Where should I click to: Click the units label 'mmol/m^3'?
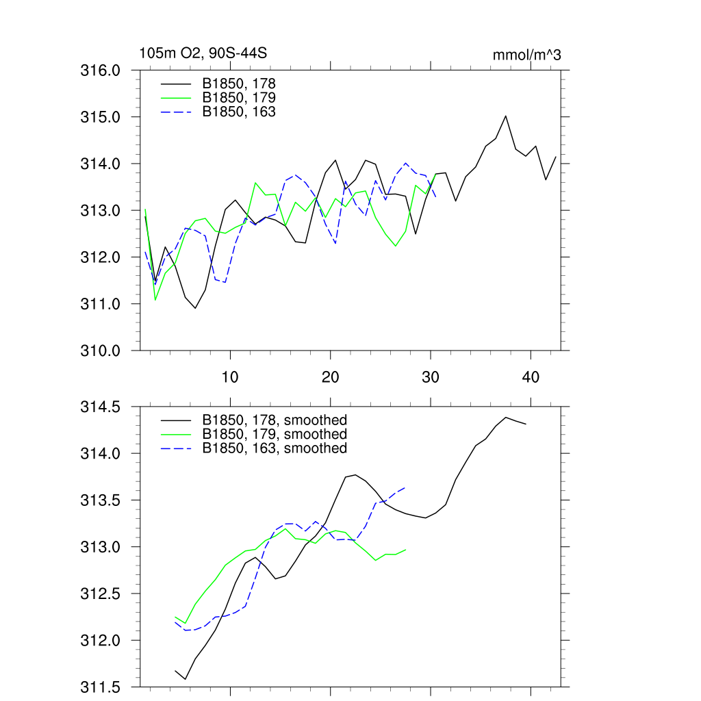click(526, 55)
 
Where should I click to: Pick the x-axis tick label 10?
click(230, 377)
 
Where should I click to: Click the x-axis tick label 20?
click(331, 377)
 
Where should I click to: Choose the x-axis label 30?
click(431, 377)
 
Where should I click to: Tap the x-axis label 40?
click(531, 377)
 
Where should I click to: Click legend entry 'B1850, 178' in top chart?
click(239, 84)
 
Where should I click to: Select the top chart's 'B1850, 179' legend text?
click(239, 97)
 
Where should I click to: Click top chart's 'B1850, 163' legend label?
click(239, 111)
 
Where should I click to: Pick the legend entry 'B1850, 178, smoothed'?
click(275, 420)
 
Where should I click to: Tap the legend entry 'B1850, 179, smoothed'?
click(275, 434)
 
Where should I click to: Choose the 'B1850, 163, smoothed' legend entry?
click(275, 448)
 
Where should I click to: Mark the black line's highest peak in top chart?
click(505, 116)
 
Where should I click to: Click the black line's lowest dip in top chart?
click(195, 308)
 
